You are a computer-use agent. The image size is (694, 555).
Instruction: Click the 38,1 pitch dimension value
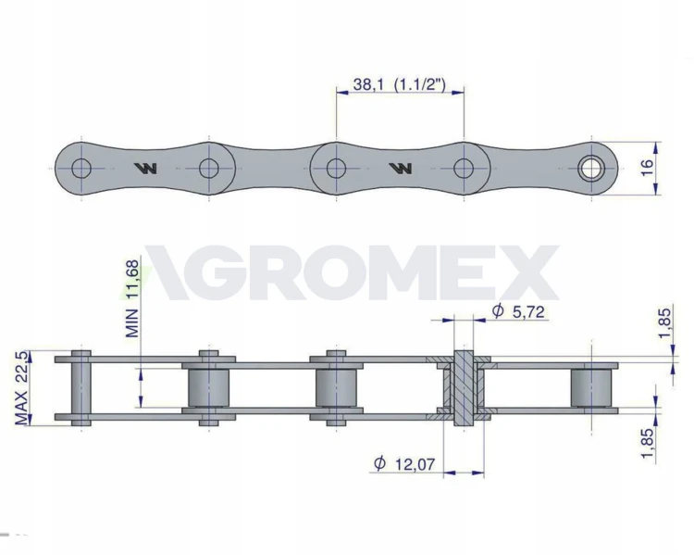point(368,83)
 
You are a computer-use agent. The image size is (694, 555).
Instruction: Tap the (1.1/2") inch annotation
point(419,83)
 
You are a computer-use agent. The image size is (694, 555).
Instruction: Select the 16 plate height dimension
point(647,167)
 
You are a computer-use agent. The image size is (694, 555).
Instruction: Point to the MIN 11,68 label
point(132,298)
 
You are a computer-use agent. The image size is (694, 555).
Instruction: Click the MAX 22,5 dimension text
point(21,387)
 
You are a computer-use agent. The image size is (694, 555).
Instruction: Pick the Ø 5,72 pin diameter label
point(518,311)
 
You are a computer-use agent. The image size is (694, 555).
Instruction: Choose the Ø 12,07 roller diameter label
point(403,463)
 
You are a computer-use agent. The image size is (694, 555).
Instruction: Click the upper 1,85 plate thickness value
point(664,322)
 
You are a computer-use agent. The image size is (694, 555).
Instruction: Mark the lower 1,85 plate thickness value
point(647,443)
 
